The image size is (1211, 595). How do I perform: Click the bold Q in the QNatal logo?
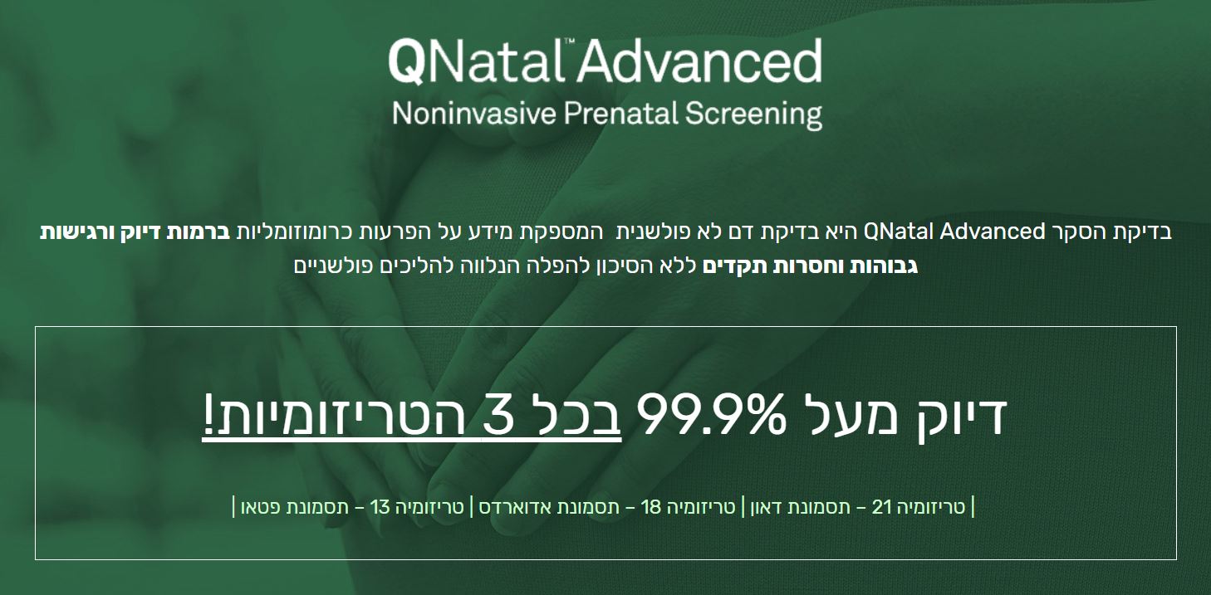click(x=407, y=62)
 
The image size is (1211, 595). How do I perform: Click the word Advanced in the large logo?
click(x=699, y=61)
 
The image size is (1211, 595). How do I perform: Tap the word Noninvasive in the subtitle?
click(x=474, y=114)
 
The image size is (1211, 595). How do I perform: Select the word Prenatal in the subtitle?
click(x=620, y=114)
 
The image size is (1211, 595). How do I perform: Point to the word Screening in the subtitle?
click(x=753, y=115)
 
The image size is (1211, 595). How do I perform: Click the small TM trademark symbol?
click(x=569, y=41)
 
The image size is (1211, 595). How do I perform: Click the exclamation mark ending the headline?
click(x=208, y=414)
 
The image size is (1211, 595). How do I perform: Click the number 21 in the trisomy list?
click(x=881, y=507)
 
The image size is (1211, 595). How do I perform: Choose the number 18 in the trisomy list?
click(x=650, y=507)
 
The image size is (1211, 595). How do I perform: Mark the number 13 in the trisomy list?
click(x=380, y=507)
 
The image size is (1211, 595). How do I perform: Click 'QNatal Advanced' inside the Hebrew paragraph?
click(x=954, y=232)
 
